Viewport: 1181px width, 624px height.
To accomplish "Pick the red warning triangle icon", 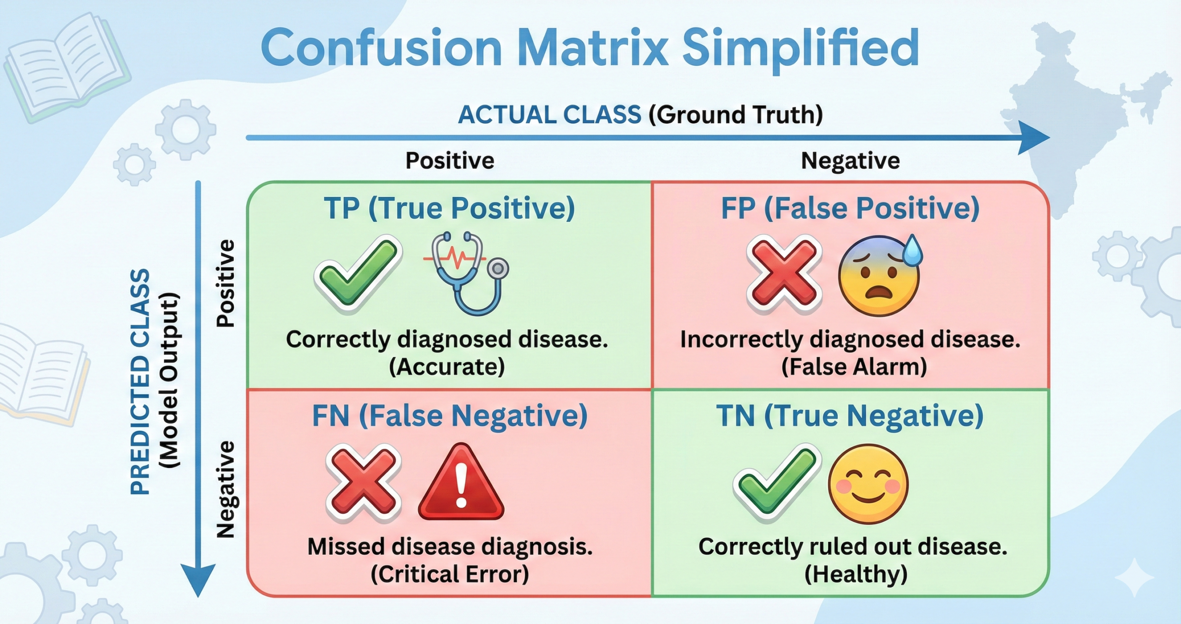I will click(x=460, y=485).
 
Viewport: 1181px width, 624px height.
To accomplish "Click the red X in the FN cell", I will click(x=363, y=482).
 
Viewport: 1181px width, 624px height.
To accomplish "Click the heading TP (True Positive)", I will click(x=449, y=208).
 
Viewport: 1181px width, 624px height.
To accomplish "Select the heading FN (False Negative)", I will click(x=450, y=416).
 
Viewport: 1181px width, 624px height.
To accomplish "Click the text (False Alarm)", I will click(x=854, y=367).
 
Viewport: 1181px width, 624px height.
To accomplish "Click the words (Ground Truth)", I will click(x=735, y=114).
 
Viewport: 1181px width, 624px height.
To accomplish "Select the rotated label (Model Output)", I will click(x=168, y=381).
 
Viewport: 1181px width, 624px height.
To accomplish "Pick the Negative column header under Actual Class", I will click(x=850, y=161).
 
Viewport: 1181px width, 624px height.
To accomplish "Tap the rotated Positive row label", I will click(x=226, y=283).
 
